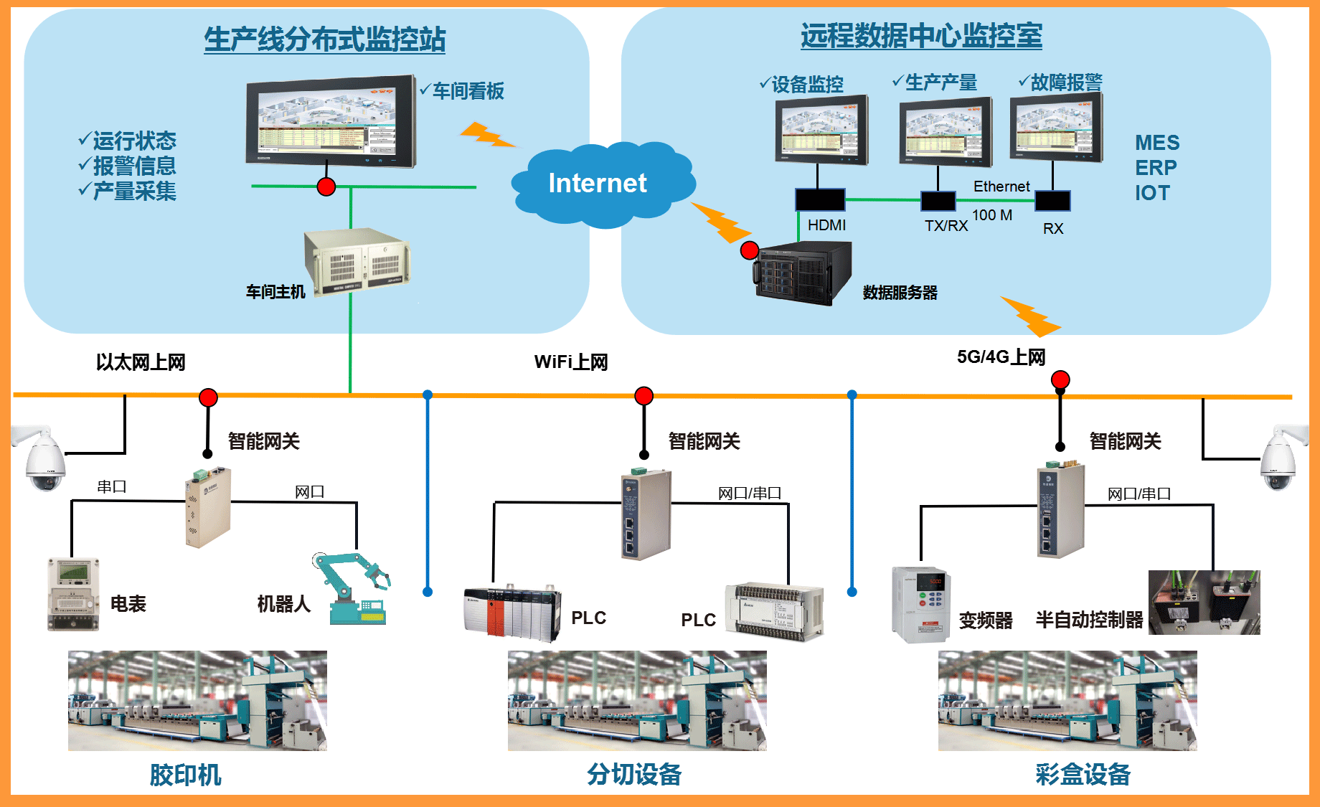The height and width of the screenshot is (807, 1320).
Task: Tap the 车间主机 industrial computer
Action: (x=357, y=260)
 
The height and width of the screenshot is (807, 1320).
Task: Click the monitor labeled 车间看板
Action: (x=331, y=120)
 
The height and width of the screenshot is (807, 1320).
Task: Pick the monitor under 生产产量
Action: (x=946, y=131)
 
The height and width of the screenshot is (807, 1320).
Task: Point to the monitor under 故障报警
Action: (x=1056, y=128)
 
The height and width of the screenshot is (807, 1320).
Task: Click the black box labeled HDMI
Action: (x=820, y=199)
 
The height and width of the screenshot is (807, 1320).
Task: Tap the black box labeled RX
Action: (x=1052, y=201)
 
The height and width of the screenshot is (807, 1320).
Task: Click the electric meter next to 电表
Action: (x=72, y=594)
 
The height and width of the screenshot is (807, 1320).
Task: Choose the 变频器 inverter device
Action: (x=921, y=604)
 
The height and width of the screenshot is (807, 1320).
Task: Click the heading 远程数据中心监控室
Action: (x=921, y=36)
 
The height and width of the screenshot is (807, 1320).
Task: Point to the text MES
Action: (x=1156, y=143)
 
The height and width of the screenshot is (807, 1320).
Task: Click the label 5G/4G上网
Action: (x=1001, y=357)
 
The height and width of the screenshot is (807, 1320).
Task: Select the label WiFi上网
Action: (x=571, y=362)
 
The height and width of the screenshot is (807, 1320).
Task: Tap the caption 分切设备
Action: (x=634, y=775)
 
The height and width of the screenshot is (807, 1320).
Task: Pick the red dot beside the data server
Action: (x=750, y=250)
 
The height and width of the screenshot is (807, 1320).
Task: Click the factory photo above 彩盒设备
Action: (x=1067, y=701)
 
